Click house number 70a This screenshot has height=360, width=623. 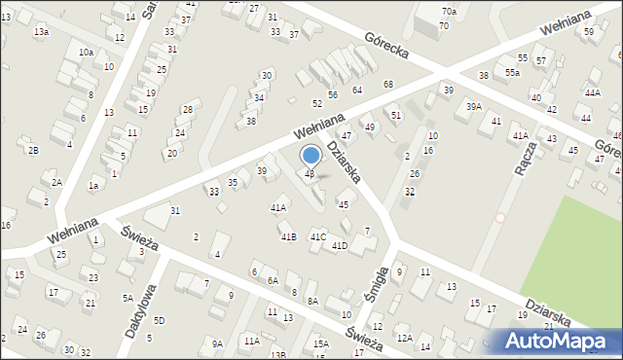pos(448,12)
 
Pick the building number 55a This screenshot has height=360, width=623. pos(512,73)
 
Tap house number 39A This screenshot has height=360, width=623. pos(473,107)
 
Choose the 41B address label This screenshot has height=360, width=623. pos(288,237)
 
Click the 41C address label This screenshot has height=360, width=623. pos(317,237)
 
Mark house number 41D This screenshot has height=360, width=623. pos(339,246)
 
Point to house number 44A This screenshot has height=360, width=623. pos(592,92)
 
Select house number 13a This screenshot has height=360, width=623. pos(41,32)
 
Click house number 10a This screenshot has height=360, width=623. pos(86,52)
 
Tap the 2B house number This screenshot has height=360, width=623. pos(33,150)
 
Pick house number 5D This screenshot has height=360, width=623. pos(159,320)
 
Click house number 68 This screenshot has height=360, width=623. pos(387,85)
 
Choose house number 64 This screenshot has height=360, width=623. pos(357,90)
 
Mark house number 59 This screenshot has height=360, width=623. pos(588,32)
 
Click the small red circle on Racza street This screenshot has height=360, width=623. pos(500,218)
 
